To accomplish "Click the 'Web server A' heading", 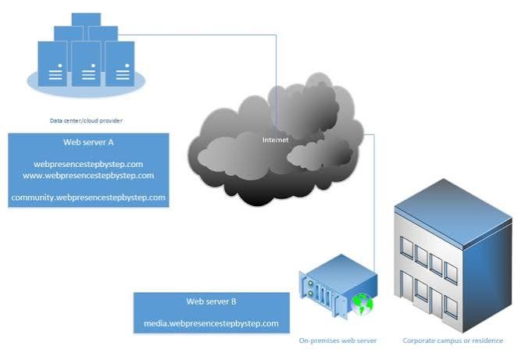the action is [x=88, y=142].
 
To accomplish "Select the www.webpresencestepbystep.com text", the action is [x=88, y=176].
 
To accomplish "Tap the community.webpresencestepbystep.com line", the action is [x=88, y=198].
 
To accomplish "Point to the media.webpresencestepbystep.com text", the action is [x=211, y=323].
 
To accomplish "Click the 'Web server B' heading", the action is [x=211, y=301].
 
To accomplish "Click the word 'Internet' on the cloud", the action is [x=276, y=140].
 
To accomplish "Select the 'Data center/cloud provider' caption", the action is [x=86, y=121].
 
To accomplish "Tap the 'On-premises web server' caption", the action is [x=338, y=340].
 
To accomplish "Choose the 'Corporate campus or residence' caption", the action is [x=452, y=340].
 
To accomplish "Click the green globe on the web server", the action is [x=363, y=304].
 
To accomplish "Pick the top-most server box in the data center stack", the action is [x=86, y=20].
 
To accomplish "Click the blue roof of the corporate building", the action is [x=452, y=212].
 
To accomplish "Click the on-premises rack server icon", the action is [x=338, y=285].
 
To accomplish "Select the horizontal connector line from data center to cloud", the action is [x=197, y=34].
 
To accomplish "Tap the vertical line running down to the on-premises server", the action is [x=374, y=202].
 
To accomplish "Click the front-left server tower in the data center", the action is [x=52, y=64].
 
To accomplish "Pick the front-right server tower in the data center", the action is [x=120, y=64].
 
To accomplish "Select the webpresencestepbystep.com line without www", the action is [x=88, y=164].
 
